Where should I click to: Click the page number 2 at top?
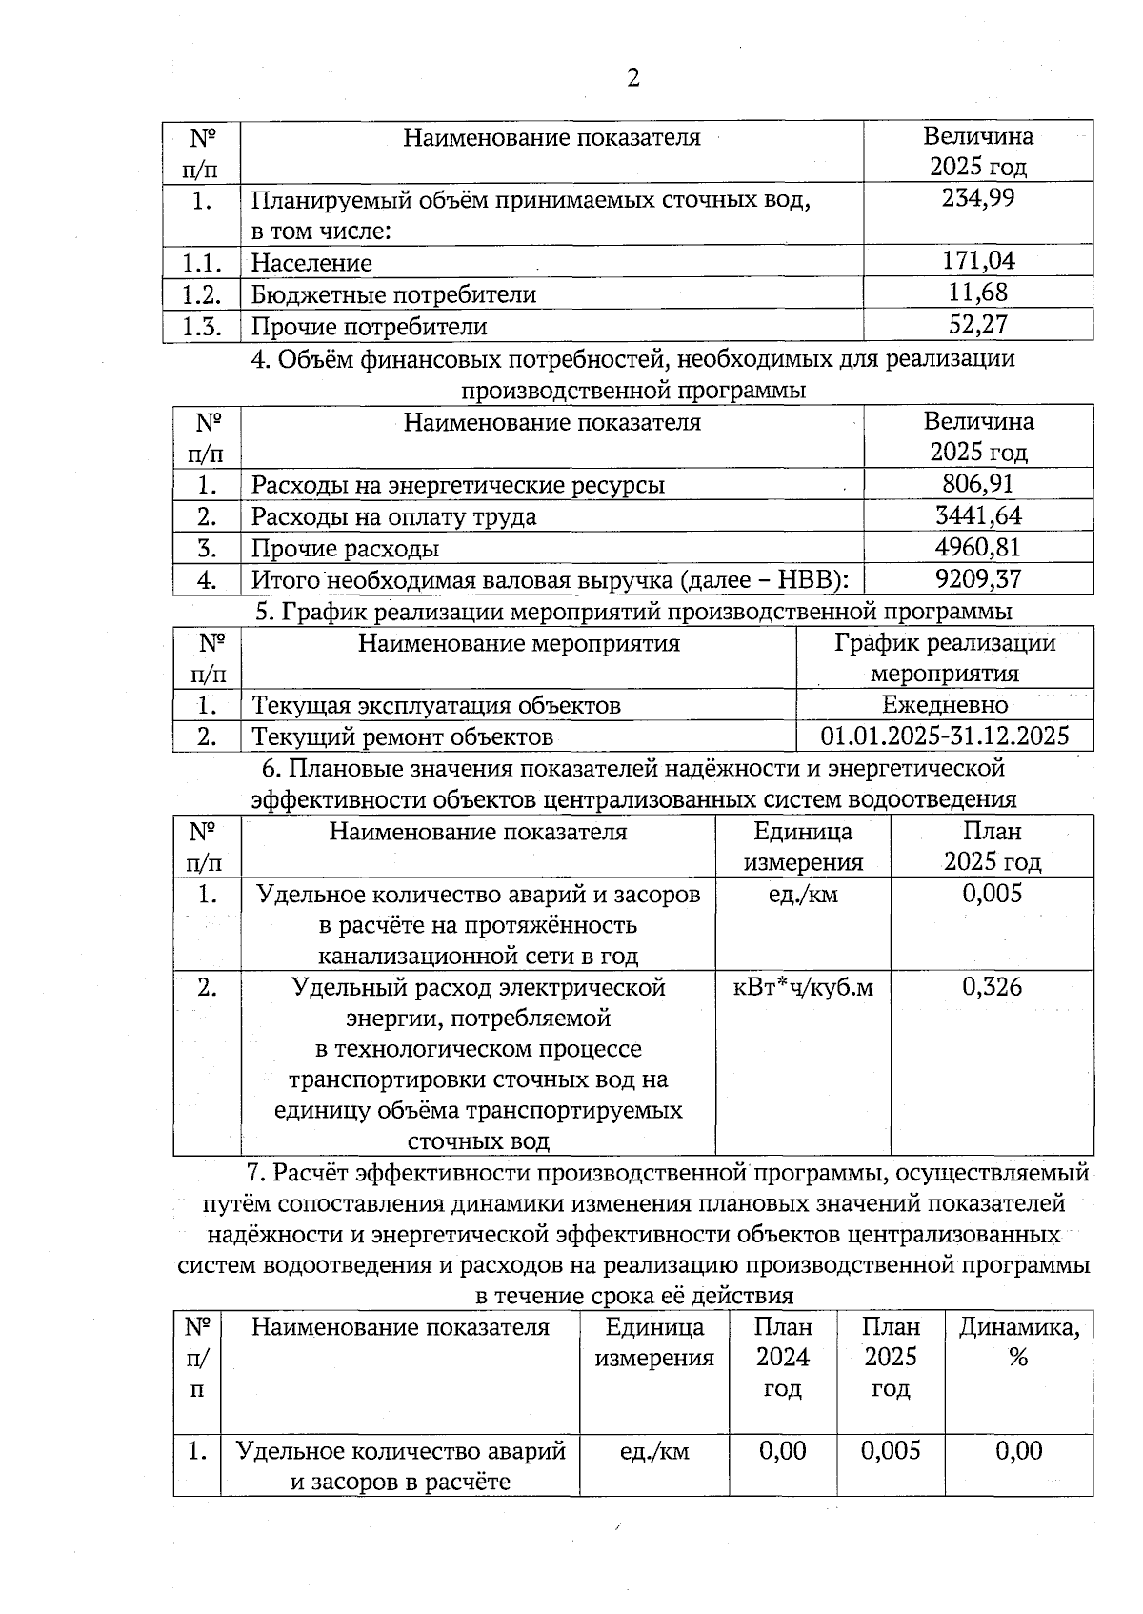[x=632, y=77]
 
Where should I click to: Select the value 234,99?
[x=978, y=198]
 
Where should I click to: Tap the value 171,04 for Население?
[x=978, y=260]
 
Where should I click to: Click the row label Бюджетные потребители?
[x=393, y=294]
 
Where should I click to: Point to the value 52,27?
[x=978, y=325]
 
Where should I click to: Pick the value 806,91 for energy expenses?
[x=978, y=483]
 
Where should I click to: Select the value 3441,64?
[x=978, y=515]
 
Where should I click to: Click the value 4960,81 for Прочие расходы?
[x=978, y=547]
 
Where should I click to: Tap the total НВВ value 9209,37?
[x=978, y=578]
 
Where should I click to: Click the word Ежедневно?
[x=944, y=704]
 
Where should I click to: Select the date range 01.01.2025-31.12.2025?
[x=944, y=736]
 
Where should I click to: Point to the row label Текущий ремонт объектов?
[x=402, y=736]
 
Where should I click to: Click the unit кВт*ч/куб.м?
[x=803, y=987]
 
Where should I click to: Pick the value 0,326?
[x=992, y=987]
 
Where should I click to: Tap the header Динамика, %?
[x=1018, y=1342]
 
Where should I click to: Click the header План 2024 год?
[x=782, y=1357]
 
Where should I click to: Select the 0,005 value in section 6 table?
[x=992, y=893]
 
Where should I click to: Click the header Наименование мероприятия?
[x=518, y=643]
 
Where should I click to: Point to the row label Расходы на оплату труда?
[x=393, y=516]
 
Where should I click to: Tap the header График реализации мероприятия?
[x=944, y=657]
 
